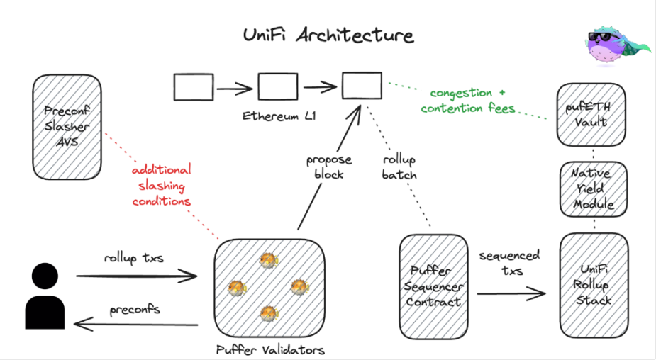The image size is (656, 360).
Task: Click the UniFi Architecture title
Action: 328,35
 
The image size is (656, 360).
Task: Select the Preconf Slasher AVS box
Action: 67,127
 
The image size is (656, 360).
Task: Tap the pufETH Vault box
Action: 591,115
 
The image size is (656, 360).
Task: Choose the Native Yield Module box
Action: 594,189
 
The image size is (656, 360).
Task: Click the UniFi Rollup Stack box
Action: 594,285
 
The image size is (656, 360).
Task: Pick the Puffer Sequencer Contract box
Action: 433,287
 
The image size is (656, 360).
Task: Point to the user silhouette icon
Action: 45,296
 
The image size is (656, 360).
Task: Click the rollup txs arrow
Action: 136,276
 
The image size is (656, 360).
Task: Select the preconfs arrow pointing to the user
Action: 136,325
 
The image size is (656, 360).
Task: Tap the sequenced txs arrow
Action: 511,293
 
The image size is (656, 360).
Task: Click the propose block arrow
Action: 329,167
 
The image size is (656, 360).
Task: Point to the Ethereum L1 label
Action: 279,116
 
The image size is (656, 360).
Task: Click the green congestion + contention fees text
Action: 468,101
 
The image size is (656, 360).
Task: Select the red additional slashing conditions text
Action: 162,185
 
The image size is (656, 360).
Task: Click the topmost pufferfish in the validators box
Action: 268,260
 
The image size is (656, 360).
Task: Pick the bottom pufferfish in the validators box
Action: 269,313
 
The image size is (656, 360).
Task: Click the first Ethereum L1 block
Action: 194,87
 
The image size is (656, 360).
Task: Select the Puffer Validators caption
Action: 270,349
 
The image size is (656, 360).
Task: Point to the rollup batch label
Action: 399,167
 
